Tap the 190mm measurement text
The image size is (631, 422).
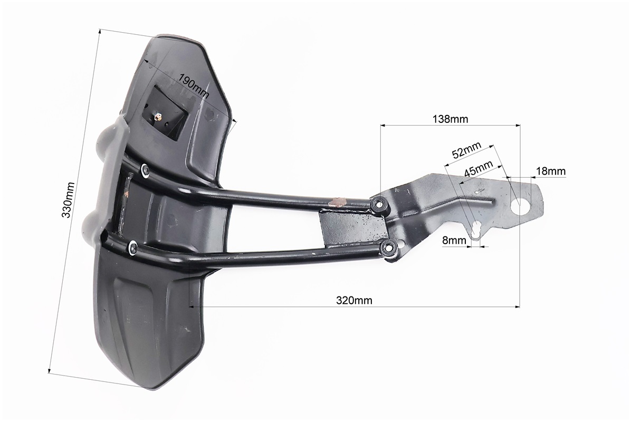pos(194,86)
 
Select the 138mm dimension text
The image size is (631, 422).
pos(451,119)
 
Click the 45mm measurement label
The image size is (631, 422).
pos(479,169)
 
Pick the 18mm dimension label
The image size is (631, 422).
pos(550,171)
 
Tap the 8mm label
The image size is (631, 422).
pos(454,241)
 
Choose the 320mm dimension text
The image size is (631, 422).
pos(354,300)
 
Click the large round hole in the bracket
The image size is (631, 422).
pos(520,206)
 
